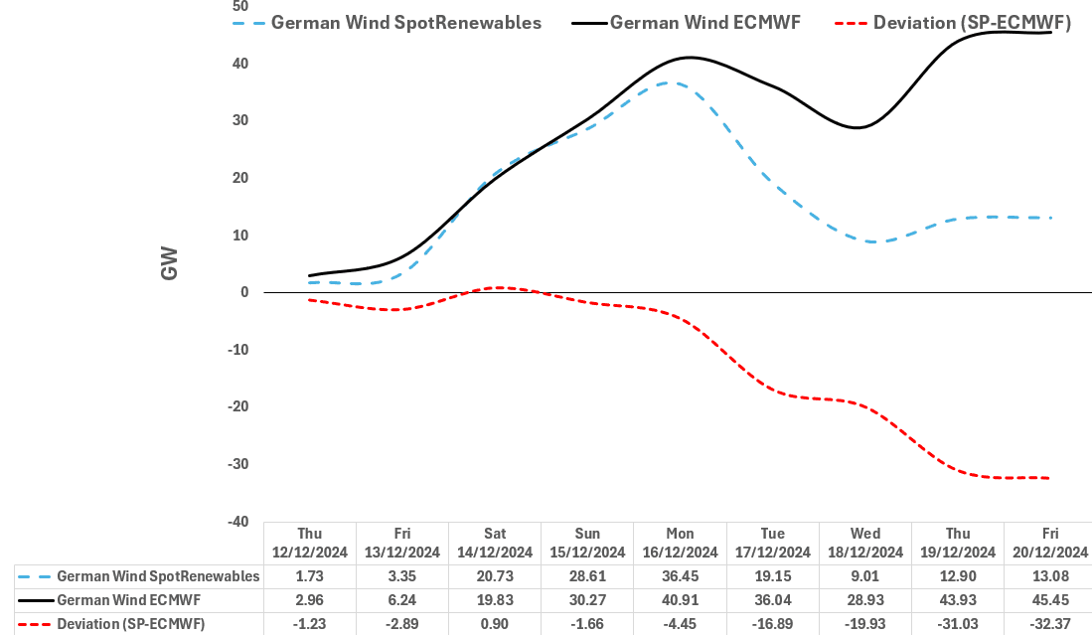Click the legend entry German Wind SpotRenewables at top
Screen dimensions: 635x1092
[405, 23]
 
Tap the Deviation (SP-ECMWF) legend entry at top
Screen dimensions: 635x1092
[971, 23]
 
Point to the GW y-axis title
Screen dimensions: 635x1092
[170, 263]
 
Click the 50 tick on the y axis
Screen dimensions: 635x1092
[239, 6]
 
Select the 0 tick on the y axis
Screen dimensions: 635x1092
[242, 292]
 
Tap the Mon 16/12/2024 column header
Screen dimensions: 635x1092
[680, 543]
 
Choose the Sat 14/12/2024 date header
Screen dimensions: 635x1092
[495, 543]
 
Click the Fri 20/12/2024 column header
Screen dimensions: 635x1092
[1049, 543]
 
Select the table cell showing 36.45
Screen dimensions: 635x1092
[680, 576]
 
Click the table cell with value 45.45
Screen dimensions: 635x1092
[1049, 600]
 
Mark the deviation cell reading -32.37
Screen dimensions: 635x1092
[1049, 624]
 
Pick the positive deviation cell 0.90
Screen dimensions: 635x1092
[495, 624]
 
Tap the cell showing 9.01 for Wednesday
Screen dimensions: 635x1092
[864, 576]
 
